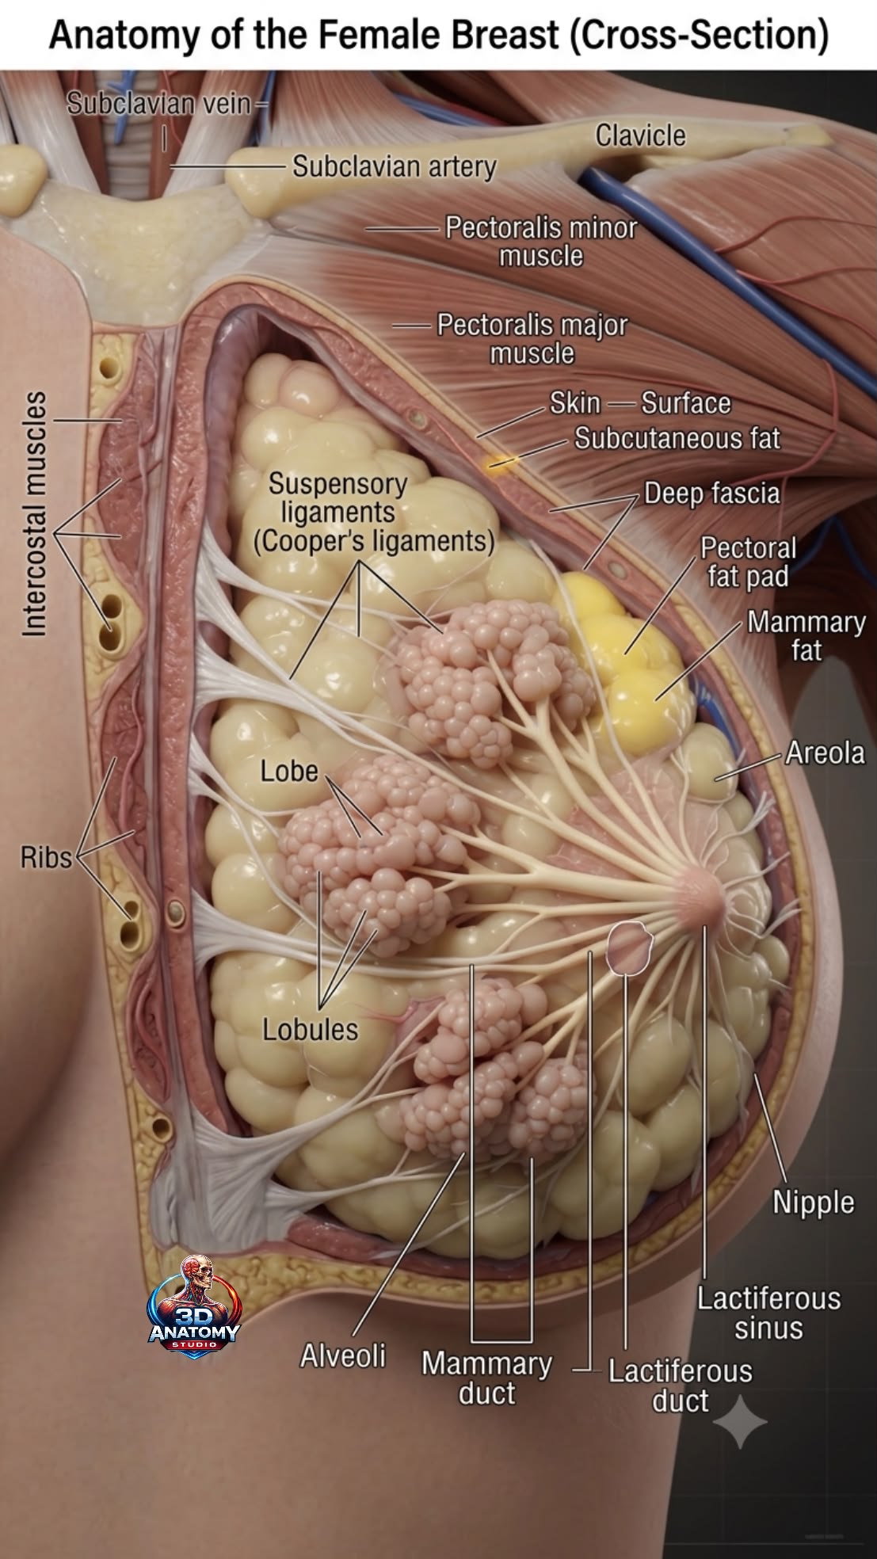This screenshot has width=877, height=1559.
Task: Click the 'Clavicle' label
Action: tap(640, 135)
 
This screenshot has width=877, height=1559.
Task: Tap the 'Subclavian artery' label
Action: tap(395, 166)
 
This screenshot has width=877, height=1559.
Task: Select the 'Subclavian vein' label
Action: tap(158, 103)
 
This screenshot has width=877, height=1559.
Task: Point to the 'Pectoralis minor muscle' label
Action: tap(541, 242)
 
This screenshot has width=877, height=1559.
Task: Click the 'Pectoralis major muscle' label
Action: tap(532, 338)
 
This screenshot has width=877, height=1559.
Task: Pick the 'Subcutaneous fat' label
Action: tap(677, 438)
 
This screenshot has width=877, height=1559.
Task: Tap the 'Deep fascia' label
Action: tap(711, 494)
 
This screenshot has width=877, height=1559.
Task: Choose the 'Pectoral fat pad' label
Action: tap(748, 562)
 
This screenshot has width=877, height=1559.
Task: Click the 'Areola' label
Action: tap(825, 753)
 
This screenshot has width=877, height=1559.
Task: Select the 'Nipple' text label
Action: tap(814, 1202)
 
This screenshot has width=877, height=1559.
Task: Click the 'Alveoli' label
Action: tap(342, 1355)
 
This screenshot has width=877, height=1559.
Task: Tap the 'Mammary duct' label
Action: tap(486, 1378)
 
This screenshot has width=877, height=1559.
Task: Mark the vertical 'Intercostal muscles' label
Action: tap(35, 513)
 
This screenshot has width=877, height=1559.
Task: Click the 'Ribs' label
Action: tap(46, 857)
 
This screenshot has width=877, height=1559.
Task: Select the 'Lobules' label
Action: tap(311, 1029)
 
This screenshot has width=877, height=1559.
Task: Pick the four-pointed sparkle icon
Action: tap(740, 1422)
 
